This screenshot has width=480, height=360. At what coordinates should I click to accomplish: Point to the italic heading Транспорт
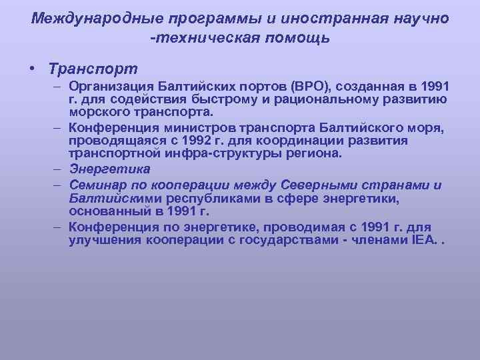93,69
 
